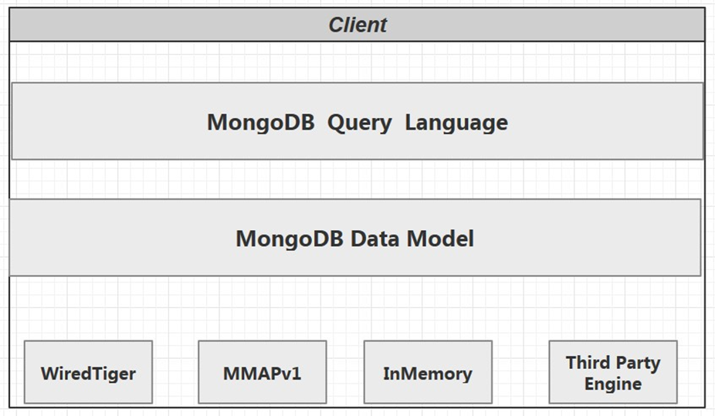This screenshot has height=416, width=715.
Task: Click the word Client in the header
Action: (357, 25)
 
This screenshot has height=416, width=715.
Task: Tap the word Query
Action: (360, 123)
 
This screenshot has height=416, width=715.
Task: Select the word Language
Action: (456, 122)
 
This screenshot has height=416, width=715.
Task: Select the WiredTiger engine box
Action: (88, 373)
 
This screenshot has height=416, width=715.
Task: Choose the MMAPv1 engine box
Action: (262, 373)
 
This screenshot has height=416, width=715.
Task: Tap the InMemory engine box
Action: (428, 373)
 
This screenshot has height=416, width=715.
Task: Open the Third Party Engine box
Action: (613, 372)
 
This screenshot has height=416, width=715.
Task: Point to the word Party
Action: (639, 363)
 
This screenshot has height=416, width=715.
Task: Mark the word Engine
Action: (613, 384)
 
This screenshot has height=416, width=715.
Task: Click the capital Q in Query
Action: (335, 122)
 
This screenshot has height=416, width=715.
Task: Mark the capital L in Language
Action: (411, 122)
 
